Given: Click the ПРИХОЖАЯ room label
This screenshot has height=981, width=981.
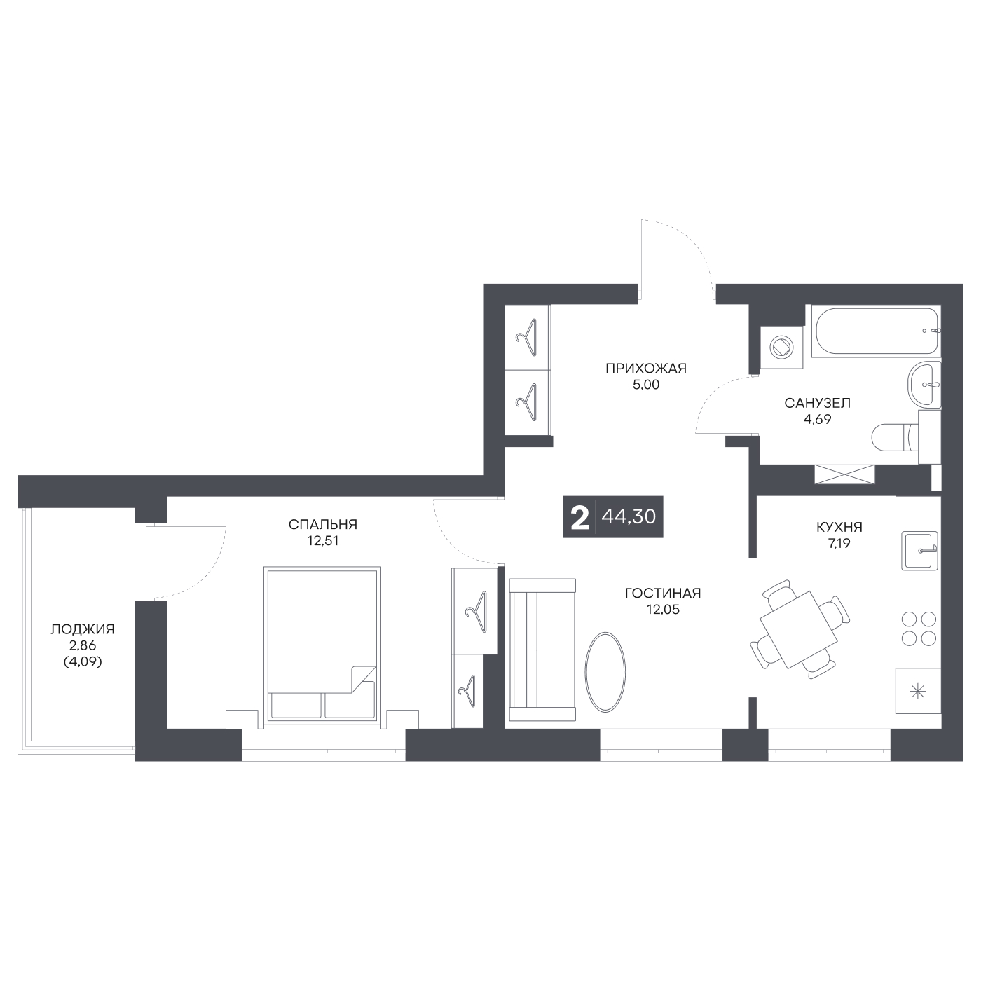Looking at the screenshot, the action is [645, 368].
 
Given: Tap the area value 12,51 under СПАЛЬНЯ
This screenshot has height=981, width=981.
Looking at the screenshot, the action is [323, 541].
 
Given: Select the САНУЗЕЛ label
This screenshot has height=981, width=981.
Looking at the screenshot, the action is [817, 403].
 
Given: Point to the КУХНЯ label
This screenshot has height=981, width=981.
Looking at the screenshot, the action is [839, 527].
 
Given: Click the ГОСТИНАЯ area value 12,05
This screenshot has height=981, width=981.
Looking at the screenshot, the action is [663, 610].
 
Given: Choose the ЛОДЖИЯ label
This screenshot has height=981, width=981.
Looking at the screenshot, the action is [83, 629].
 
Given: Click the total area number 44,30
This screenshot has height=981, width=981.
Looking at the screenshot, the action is [629, 516].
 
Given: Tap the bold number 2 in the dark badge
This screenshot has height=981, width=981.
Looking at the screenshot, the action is [580, 517].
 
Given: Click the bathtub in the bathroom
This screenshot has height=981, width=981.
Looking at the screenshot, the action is [876, 331].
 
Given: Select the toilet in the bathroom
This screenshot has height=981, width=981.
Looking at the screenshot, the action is [905, 438].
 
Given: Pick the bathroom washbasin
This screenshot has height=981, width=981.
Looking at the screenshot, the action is [924, 385].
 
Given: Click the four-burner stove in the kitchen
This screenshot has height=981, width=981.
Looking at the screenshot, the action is [919, 629].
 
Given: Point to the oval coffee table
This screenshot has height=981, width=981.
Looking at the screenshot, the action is [605, 672].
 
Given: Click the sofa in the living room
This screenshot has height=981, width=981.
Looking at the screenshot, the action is [542, 650].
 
